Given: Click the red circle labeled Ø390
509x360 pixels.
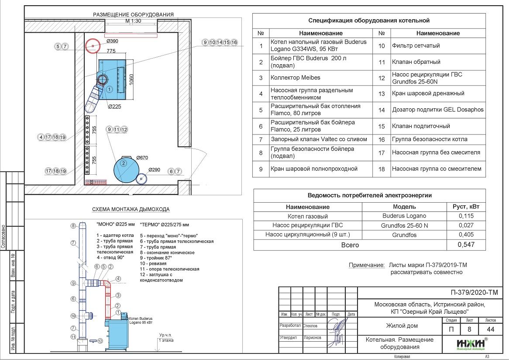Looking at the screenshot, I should (93, 45).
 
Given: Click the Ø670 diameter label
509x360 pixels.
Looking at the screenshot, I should (143, 158).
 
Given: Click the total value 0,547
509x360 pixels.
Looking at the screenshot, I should (466, 245).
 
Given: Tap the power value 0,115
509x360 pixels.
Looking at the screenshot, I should (466, 216).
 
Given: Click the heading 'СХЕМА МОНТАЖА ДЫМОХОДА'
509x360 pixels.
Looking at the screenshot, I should (131, 209).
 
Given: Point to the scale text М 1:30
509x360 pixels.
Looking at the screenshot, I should (133, 21).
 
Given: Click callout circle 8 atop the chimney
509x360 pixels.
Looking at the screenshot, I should (73, 226).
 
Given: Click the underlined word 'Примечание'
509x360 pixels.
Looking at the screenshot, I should (365, 265).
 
